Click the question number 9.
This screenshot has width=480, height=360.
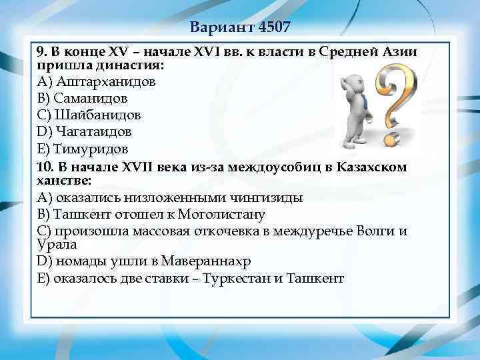(40, 52)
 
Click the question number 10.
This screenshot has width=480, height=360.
(43, 167)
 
